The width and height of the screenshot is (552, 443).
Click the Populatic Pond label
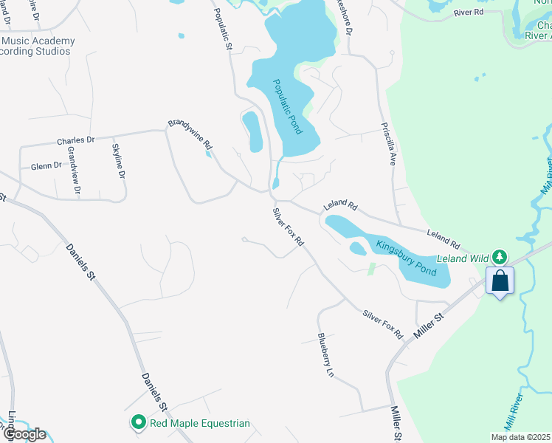coord(287,107)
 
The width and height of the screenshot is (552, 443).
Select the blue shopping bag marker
coord(500,281)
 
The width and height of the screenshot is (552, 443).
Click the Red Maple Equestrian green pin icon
coord(138,423)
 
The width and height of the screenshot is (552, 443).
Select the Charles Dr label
coord(75,140)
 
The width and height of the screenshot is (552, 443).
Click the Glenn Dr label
coord(46,166)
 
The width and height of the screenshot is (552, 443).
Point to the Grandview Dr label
coord(73,171)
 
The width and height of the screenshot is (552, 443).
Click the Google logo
coord(24,434)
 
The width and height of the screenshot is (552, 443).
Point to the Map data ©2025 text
coord(520,437)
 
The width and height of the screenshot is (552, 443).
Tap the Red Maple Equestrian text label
coord(200,423)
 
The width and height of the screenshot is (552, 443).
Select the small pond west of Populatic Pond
coord(252,131)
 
